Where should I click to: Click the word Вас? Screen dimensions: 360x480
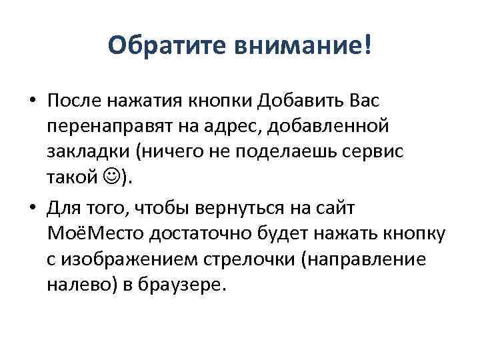[x=364, y=101]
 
